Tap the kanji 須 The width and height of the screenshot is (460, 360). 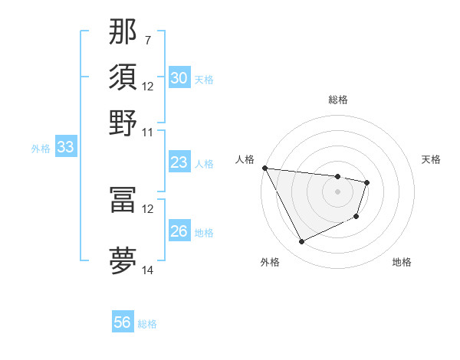pos(123,77)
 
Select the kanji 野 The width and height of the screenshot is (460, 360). pos(123,123)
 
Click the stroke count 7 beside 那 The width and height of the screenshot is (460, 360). pos(147,39)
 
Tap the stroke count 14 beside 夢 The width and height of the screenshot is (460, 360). pos(148,270)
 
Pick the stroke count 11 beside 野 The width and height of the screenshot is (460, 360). pos(148,132)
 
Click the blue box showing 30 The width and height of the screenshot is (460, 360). pos(179,78)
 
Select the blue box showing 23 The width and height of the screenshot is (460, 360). pos(179,162)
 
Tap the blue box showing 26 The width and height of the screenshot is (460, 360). pos(179,231)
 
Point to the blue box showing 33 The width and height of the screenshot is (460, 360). pos(65,148)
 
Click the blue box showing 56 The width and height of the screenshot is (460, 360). pos(123,322)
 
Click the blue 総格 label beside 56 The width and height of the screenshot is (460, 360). pos(147,324)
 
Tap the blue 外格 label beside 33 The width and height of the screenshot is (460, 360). pos(41,149)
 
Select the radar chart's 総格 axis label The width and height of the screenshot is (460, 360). pos(338,100)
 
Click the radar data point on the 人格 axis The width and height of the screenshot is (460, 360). pos(264,168)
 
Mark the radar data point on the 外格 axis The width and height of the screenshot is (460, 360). pos(301,242)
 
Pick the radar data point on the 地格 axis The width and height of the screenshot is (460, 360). pos(356,218)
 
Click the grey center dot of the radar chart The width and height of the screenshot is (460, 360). pos(338,191)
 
